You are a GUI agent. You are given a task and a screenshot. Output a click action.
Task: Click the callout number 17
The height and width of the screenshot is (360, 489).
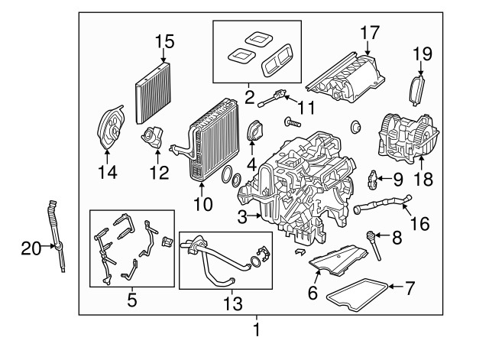(x=370, y=33)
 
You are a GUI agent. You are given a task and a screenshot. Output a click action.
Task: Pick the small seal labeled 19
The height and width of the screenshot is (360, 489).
(x=417, y=89)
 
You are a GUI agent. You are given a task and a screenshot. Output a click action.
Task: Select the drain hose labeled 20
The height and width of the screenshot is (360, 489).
(x=57, y=232)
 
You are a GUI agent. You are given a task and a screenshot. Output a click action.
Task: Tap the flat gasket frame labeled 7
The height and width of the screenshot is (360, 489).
(x=358, y=295)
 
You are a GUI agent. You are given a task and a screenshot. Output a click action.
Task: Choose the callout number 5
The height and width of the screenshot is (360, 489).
(x=131, y=300)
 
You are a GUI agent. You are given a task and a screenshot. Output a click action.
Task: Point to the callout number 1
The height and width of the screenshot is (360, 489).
(x=257, y=330)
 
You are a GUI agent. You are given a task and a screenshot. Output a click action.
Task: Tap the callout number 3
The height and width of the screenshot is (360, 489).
(x=242, y=218)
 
